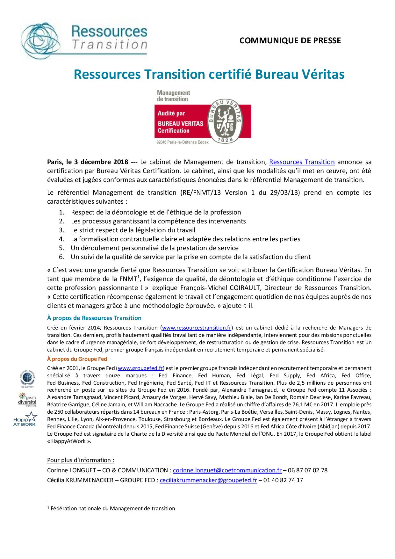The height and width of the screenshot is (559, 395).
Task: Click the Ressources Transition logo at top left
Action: (x=84, y=38)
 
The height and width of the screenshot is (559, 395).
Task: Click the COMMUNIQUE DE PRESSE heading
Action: (x=290, y=40)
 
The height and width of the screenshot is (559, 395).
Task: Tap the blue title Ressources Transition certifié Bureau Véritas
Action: (x=209, y=74)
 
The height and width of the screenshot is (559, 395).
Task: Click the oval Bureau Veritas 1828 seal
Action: (x=225, y=120)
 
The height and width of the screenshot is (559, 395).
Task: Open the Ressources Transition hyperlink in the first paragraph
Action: (x=302, y=162)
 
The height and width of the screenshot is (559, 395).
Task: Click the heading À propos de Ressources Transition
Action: (x=94, y=318)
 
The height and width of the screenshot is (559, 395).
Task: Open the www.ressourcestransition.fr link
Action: (x=197, y=327)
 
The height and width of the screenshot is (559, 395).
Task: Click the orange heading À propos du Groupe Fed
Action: (x=77, y=359)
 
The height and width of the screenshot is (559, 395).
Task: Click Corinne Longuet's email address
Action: (x=227, y=470)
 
